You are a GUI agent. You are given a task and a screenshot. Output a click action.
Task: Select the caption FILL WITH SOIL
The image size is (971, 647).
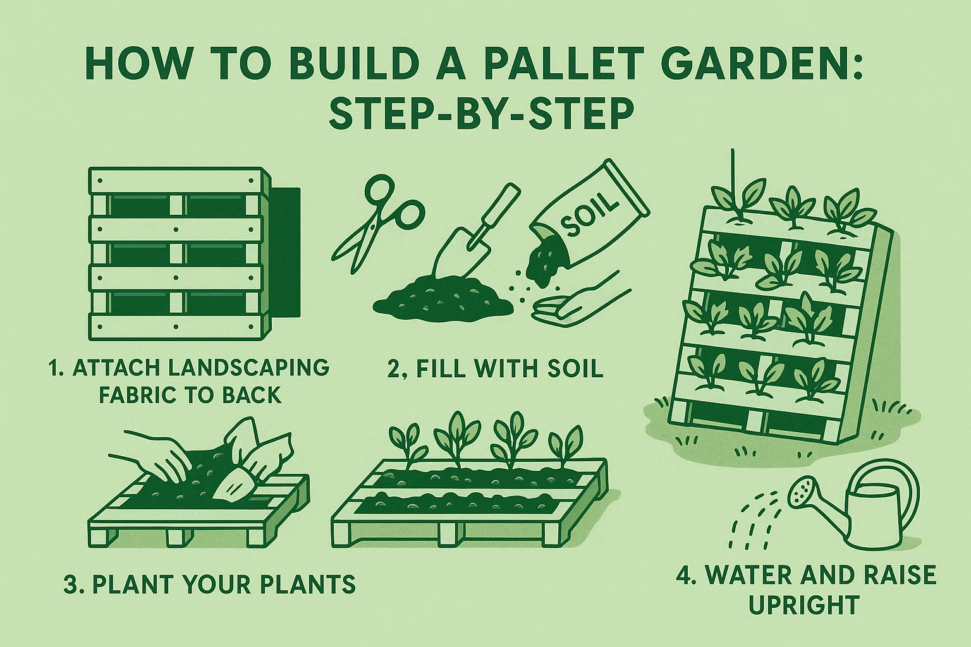coord(510,368)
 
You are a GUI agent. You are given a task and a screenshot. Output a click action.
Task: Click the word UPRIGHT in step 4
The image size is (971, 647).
coord(804,605)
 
